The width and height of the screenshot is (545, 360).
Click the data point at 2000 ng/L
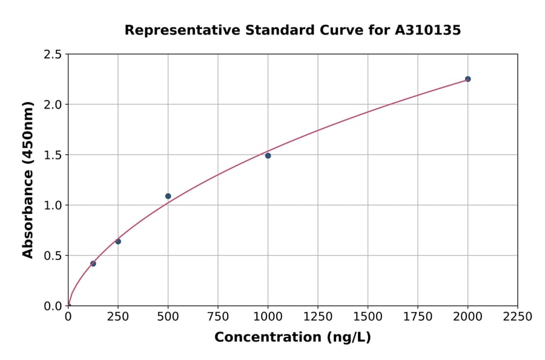[467, 79]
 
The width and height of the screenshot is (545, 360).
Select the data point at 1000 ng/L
[268, 156]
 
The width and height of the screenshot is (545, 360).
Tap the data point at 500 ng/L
[168, 196]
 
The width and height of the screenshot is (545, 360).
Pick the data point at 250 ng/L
[118, 241]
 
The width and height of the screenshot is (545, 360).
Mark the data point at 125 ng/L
[93, 264]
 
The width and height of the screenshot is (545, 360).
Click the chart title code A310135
[428, 30]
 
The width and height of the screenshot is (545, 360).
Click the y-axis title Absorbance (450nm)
[28, 180]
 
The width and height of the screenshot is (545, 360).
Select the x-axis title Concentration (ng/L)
[292, 338]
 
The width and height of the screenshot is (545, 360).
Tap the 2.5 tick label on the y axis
[52, 55]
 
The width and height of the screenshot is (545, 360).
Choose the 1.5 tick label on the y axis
[52, 155]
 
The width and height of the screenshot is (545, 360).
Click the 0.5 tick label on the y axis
[52, 256]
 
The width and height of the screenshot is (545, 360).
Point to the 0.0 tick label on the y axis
[52, 306]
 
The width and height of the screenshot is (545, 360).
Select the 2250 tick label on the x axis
[517, 317]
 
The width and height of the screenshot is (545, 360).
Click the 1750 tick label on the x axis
[417, 317]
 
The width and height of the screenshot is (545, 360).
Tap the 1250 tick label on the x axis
[317, 317]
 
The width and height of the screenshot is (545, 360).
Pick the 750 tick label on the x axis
[218, 317]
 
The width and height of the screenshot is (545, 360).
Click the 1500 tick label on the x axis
[368, 317]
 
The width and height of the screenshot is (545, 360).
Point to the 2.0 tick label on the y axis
[52, 105]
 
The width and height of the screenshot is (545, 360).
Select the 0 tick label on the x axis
[68, 317]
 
